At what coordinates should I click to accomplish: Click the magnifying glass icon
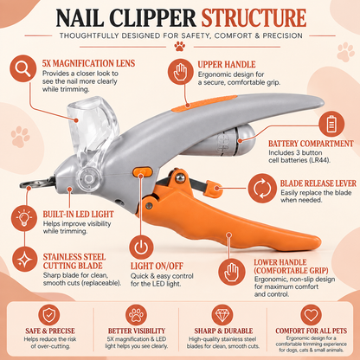click(22, 68)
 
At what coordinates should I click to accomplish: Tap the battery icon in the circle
click(331, 124)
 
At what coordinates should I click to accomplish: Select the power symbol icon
click(141, 247)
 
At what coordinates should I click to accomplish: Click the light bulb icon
click(24, 218)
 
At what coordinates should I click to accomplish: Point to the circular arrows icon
click(262, 188)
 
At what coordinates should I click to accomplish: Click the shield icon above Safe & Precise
click(49, 315)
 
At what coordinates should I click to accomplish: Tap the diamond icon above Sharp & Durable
click(222, 315)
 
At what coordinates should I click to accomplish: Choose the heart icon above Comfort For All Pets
click(311, 315)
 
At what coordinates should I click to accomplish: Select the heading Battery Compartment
click(311, 144)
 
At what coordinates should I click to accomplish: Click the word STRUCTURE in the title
click(254, 18)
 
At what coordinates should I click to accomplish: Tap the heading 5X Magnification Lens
click(88, 63)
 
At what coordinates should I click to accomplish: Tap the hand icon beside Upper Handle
click(181, 72)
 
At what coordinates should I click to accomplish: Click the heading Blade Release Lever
click(318, 183)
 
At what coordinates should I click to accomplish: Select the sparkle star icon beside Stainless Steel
click(25, 260)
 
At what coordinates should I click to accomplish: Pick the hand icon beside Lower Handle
click(232, 272)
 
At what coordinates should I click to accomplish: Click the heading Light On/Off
click(157, 266)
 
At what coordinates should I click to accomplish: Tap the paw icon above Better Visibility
click(136, 315)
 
